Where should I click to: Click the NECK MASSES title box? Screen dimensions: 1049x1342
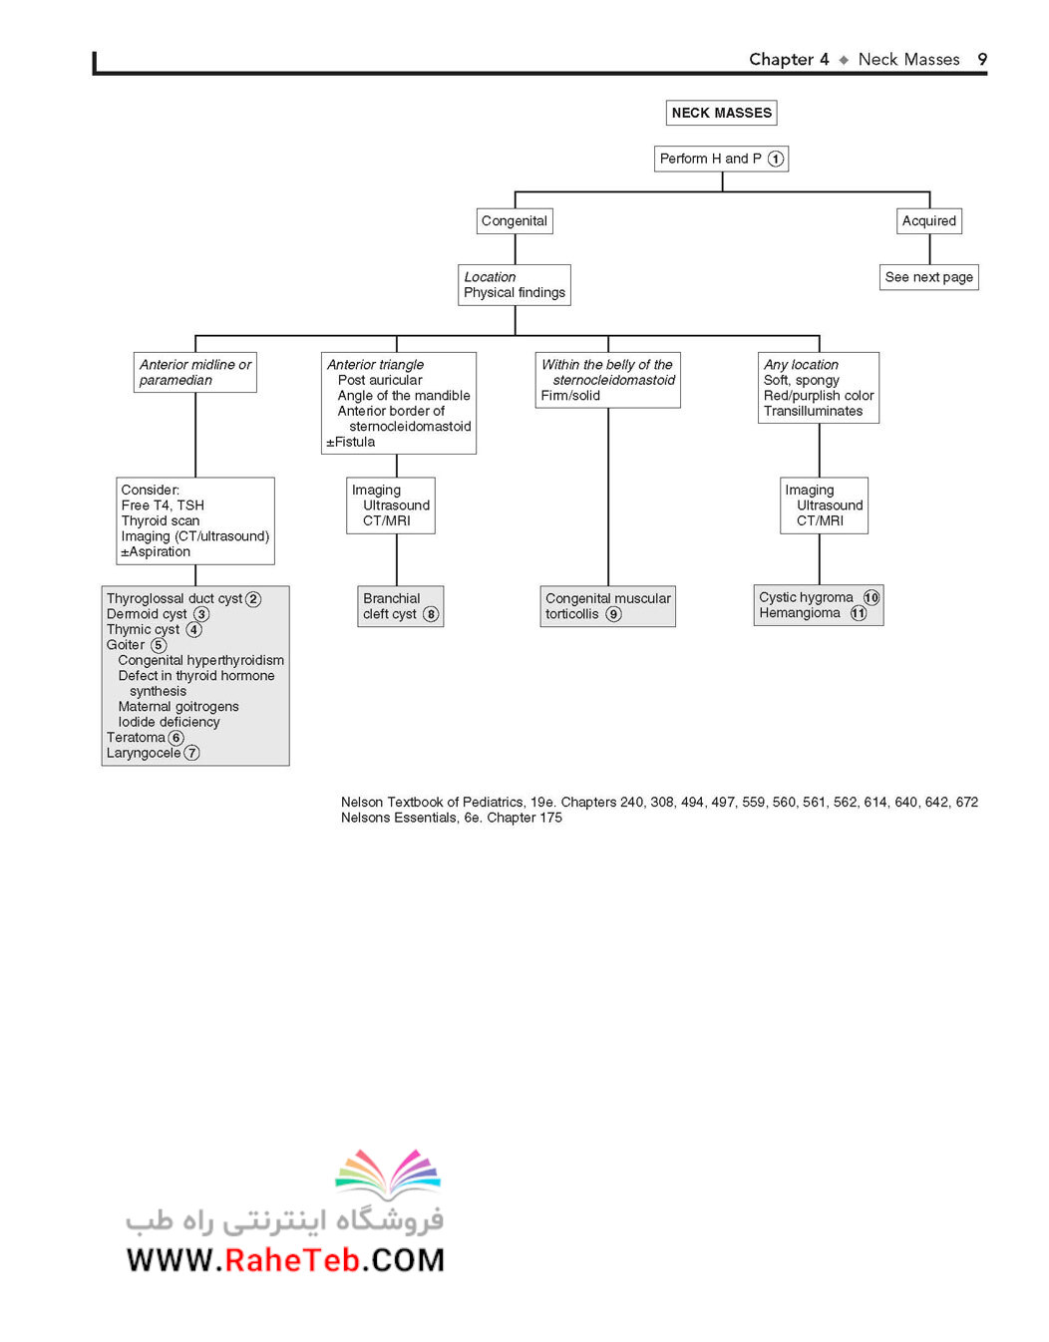tap(721, 113)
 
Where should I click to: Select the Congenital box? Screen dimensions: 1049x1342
tap(515, 221)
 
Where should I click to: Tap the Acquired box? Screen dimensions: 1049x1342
tap(928, 221)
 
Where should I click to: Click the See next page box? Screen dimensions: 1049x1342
tap(928, 277)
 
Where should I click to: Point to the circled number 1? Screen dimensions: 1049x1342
tap(776, 159)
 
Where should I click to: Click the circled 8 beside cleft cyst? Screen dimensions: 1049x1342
tap(431, 614)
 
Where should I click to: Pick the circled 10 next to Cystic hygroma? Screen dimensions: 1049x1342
tap(871, 597)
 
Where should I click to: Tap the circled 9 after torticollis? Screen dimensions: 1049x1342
tap(613, 614)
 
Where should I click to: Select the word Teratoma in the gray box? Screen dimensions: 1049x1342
tap(136, 738)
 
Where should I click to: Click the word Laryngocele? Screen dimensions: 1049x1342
tap(144, 753)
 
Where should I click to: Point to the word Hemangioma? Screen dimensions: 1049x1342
tap(800, 612)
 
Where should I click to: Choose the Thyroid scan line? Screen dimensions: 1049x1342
tap(160, 520)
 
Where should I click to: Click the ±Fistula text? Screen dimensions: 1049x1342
tap(350, 443)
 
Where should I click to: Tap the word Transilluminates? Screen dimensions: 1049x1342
tap(813, 412)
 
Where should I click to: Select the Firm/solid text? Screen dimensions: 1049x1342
tap(570, 396)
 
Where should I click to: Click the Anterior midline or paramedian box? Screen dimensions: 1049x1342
tap(195, 373)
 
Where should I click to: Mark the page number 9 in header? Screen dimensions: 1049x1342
tap(982, 59)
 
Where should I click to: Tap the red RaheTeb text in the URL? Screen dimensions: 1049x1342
tap(291, 1261)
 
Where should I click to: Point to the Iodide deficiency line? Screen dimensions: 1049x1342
tap(169, 722)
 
